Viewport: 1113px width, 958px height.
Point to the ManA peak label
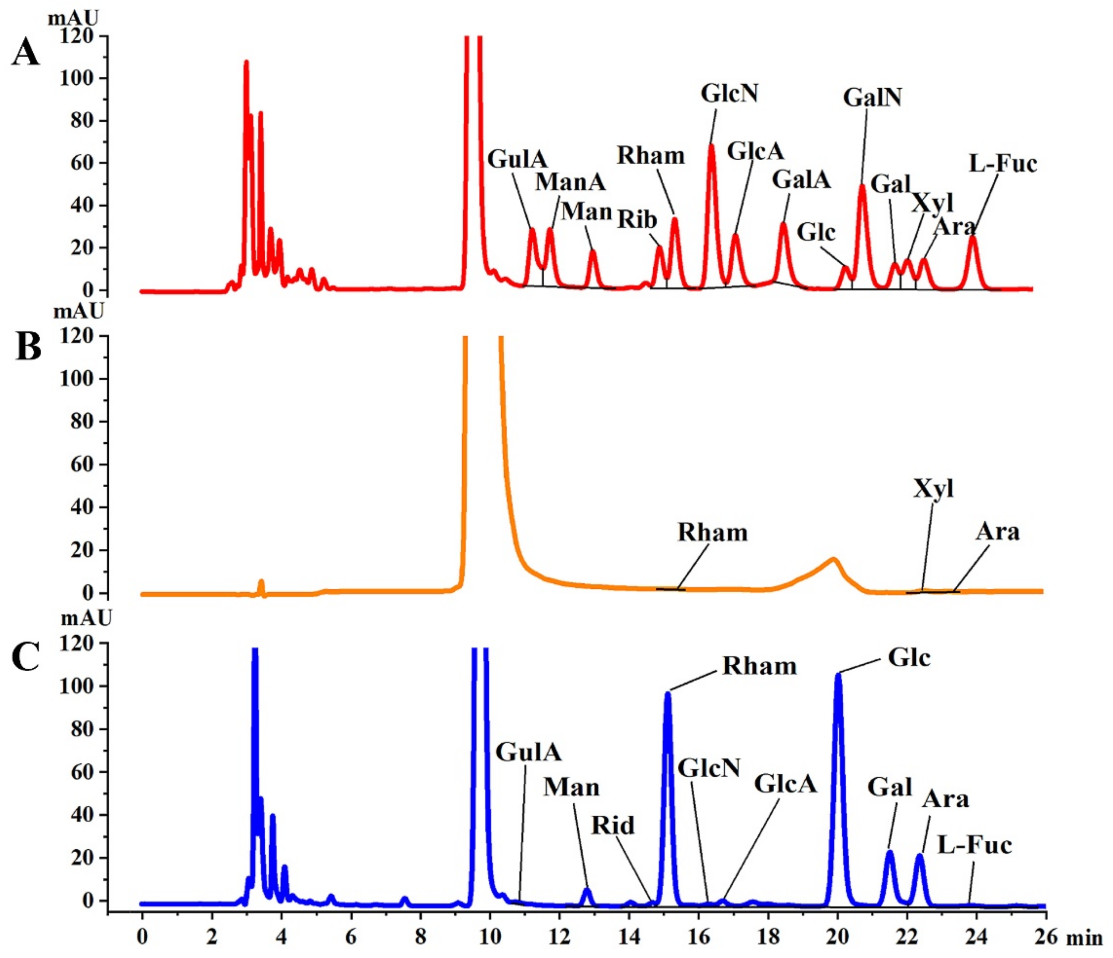(570, 182)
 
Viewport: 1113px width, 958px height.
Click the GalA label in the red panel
(801, 180)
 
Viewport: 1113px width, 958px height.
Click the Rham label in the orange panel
(712, 533)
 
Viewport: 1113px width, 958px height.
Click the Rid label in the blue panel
(613, 825)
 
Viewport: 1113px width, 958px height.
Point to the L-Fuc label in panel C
(974, 845)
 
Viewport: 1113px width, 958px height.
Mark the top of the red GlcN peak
(711, 145)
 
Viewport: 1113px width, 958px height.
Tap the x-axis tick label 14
(629, 938)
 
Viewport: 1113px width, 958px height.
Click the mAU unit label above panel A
(73, 19)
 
